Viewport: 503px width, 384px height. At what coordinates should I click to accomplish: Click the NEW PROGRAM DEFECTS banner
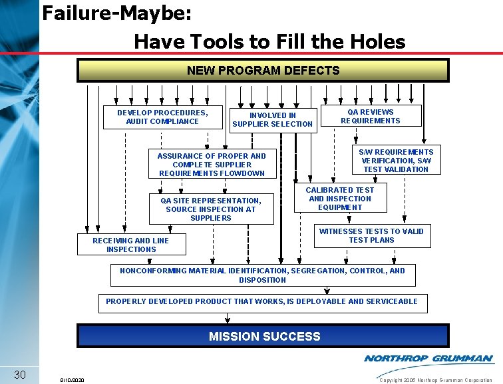tap(263, 70)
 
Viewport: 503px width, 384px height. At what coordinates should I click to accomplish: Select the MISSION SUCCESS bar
tap(264, 336)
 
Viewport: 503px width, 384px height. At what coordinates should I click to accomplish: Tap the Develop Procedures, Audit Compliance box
tap(162, 117)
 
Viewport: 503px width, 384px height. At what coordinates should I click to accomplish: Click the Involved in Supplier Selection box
tap(272, 119)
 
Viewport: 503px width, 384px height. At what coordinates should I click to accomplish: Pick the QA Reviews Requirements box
tap(371, 116)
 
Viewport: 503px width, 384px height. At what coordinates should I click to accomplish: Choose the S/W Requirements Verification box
tap(395, 161)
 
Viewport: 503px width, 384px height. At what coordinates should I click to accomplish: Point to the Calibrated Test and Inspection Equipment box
tap(339, 199)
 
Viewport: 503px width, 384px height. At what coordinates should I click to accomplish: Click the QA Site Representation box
tap(210, 209)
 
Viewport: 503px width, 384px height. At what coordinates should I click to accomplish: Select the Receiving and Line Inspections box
tap(130, 245)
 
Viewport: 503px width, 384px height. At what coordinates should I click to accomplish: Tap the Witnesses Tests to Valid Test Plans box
tap(371, 235)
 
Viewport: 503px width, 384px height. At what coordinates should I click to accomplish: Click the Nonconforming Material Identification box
tap(262, 275)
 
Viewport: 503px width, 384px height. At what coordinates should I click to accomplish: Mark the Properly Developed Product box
tap(262, 301)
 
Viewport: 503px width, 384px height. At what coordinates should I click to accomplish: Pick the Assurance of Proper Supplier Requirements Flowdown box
tap(211, 165)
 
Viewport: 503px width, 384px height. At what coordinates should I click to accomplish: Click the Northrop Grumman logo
tap(428, 359)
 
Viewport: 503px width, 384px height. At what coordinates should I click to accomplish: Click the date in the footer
tap(71, 380)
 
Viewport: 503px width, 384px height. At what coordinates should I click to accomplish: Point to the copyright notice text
tap(435, 380)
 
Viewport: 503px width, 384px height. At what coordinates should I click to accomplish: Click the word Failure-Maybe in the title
tap(117, 13)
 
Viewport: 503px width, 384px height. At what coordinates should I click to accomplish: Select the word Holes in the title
tap(375, 42)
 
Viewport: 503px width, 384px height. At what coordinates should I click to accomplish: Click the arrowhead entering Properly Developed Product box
tap(327, 291)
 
